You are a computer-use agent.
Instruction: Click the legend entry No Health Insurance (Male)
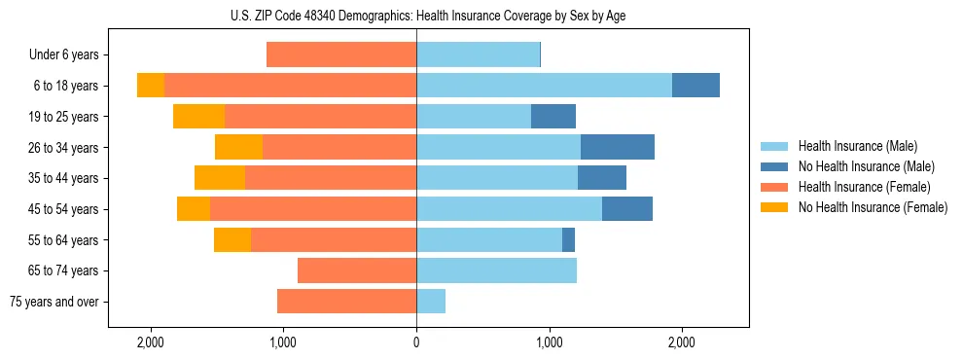click(x=866, y=166)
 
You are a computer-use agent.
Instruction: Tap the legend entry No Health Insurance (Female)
click(x=873, y=207)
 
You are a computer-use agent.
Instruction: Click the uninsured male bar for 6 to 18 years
click(x=695, y=86)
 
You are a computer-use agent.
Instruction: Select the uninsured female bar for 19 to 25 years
click(x=198, y=117)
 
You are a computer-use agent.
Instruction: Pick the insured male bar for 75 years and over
click(x=431, y=302)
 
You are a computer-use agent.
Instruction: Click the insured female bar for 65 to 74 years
click(x=357, y=270)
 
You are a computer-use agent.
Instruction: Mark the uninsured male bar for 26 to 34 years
click(x=618, y=148)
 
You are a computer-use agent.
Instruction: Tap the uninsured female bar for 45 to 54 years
click(x=194, y=209)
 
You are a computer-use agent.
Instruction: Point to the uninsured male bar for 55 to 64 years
click(x=569, y=239)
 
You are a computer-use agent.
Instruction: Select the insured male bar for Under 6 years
click(x=478, y=55)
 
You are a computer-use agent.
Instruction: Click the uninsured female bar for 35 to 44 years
click(x=219, y=178)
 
